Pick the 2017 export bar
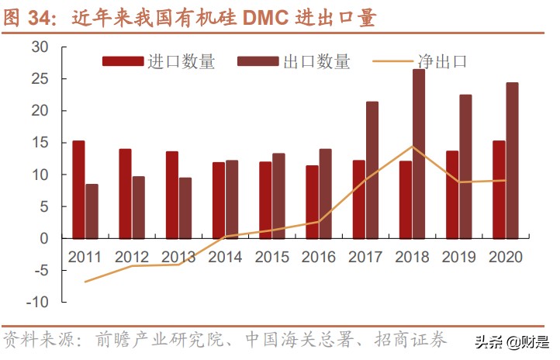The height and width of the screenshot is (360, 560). tap(372, 170)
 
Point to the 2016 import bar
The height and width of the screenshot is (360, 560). tap(312, 202)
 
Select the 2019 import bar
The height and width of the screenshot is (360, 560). tap(452, 195)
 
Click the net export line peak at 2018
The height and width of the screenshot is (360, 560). tap(412, 147)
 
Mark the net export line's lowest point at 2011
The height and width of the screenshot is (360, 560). tap(85, 282)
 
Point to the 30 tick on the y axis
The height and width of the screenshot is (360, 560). tap(40, 47)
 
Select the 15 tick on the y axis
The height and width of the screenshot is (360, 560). tap(40, 143)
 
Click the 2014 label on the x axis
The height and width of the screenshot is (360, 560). tap(225, 256)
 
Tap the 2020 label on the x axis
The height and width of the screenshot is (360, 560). tap(505, 256)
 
